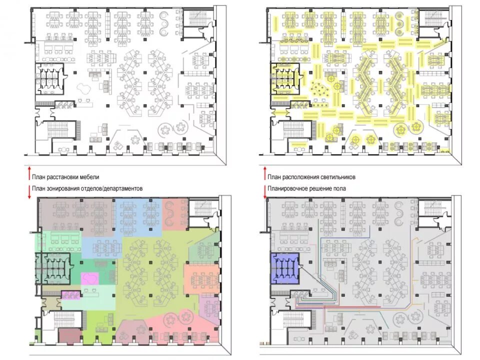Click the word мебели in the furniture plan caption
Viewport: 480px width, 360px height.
point(89,177)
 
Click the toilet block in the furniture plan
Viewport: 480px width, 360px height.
point(50,79)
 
